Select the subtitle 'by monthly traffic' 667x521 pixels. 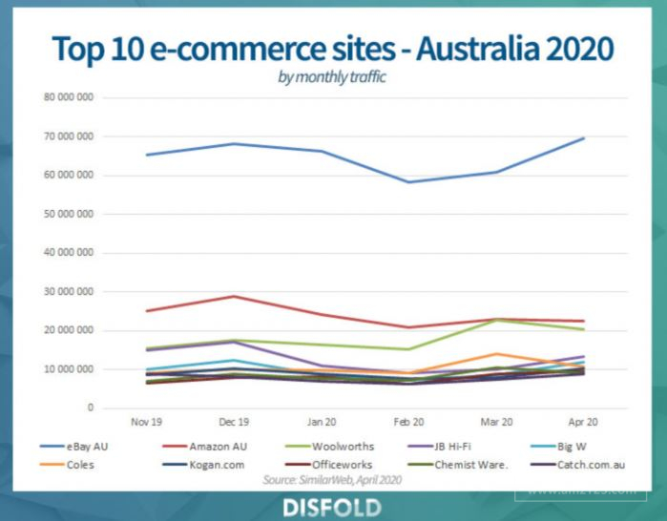point(332,77)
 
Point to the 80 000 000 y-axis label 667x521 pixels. point(68,97)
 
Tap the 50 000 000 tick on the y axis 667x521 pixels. point(68,214)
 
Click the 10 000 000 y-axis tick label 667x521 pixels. point(68,369)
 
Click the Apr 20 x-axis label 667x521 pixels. point(583,420)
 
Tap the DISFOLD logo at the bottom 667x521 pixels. point(332,506)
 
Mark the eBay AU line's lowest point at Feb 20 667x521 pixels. point(407,181)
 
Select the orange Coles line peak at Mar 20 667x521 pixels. point(495,354)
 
